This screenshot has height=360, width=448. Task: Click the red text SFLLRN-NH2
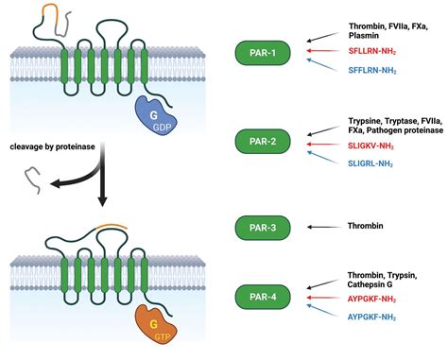(376, 49)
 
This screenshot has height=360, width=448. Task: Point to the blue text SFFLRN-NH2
(376, 70)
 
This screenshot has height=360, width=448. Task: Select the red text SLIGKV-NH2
(376, 146)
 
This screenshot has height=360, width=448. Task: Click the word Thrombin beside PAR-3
(369, 227)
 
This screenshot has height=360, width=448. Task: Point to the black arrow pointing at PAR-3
(322, 227)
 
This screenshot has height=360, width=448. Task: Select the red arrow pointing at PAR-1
(322, 51)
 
